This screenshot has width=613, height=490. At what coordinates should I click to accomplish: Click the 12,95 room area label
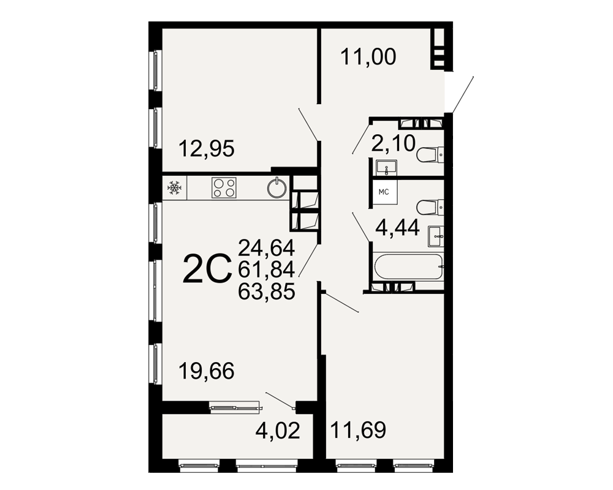pos(207,149)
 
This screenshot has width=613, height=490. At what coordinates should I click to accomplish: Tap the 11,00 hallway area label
pos(368,57)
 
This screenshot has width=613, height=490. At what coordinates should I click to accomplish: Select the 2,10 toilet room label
pos(394,143)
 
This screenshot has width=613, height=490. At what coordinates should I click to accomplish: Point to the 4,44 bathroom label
pos(398,228)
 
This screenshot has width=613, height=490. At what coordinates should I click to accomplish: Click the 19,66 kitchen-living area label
pos(207,371)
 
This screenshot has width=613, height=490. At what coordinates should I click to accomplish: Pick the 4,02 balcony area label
pos(278,431)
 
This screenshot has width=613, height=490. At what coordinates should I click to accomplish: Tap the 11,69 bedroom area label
pos(358,430)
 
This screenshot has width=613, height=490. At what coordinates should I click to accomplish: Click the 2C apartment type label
pos(207,268)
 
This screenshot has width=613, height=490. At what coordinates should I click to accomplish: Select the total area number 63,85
pos(267,291)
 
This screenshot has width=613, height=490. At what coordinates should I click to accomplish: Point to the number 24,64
pos(267,247)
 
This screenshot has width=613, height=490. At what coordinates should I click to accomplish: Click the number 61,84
pos(267,269)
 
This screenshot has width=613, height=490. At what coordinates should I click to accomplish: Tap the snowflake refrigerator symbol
pos(174,188)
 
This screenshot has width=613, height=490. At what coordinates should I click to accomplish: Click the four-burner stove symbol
pos(224,188)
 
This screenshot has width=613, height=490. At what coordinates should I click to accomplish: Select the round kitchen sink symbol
pos(277,188)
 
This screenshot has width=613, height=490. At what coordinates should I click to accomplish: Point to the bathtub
pos(409,267)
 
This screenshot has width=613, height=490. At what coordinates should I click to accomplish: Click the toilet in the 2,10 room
pos(430,155)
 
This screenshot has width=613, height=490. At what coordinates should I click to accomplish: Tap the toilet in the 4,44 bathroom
pos(430,207)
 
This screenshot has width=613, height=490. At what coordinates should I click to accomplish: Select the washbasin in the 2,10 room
pos(386,167)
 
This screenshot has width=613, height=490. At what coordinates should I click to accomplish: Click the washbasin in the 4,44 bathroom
pos(436,236)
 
